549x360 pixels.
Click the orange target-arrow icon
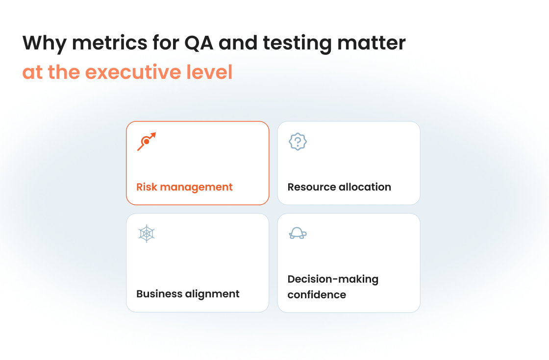[146, 141]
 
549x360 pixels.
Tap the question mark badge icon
[298, 142]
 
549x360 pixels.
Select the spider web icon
[147, 233]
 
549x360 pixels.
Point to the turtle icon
[298, 233]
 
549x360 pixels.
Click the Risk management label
[184, 187]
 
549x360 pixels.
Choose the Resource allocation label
[339, 187]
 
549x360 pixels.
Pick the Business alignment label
[188, 294]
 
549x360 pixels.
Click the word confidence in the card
[317, 295]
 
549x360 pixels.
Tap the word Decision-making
[333, 279]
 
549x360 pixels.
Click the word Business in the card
[159, 294]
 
